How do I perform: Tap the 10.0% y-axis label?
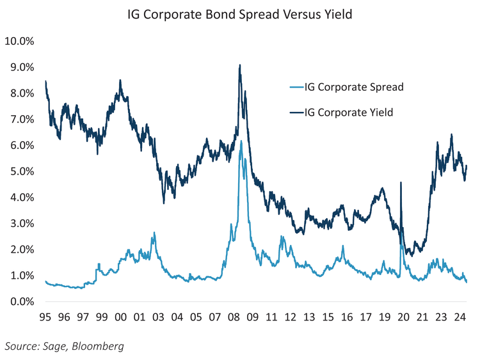click(19, 42)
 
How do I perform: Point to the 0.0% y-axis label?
click(22, 302)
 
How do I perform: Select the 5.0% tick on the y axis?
click(22, 171)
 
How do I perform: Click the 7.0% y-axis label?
click(22, 120)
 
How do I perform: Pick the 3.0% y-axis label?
click(22, 224)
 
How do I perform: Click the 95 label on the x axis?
click(46, 317)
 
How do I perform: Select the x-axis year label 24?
click(458, 317)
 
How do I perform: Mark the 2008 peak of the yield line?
click(239, 65)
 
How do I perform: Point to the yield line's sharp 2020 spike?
click(401, 183)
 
